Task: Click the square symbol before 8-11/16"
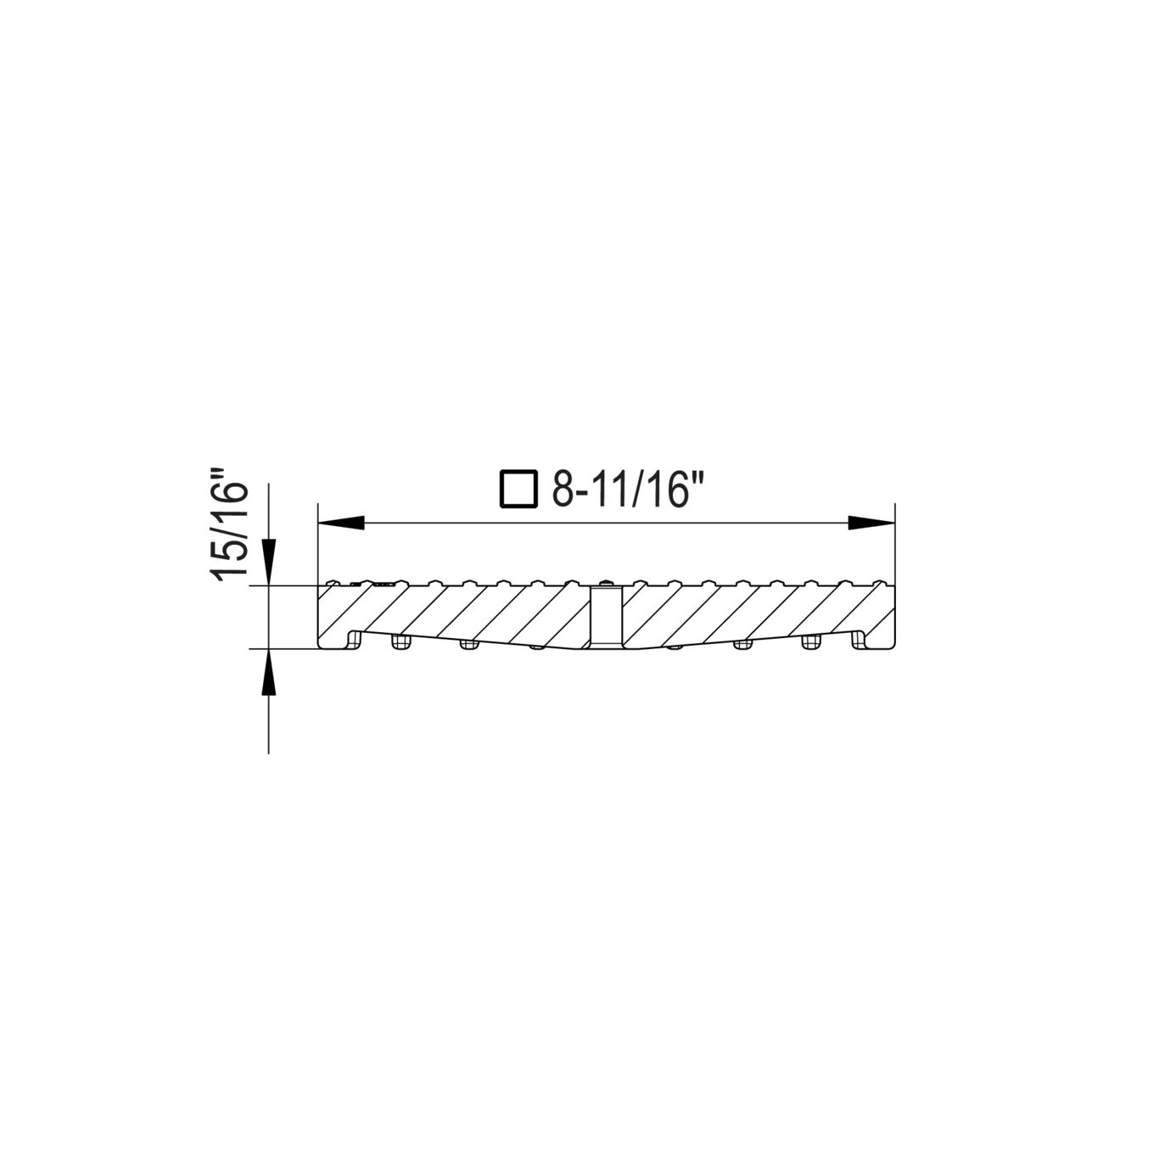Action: pyautogui.click(x=518, y=488)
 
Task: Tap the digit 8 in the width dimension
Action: pyautogui.click(x=563, y=488)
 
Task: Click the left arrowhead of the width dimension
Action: pyautogui.click(x=341, y=523)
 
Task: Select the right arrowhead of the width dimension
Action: pyautogui.click(x=871, y=523)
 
